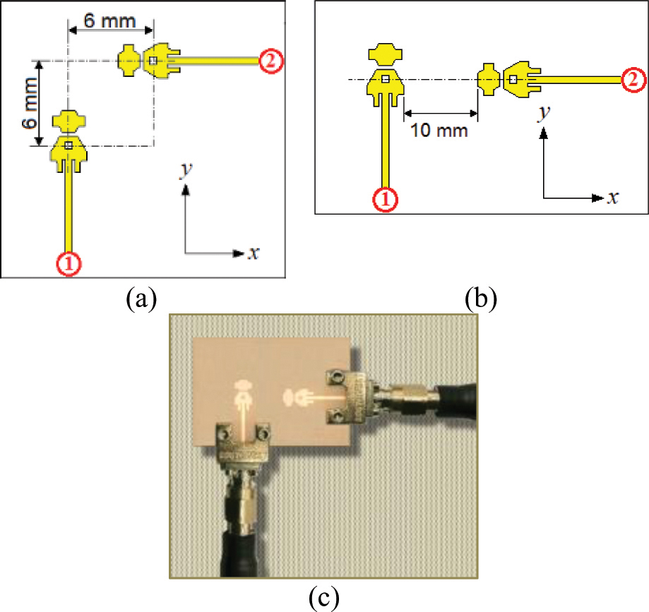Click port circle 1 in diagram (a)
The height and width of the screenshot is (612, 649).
(x=69, y=263)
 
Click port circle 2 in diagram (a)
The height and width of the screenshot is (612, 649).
(x=270, y=61)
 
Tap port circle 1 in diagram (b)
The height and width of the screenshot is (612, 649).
(x=385, y=200)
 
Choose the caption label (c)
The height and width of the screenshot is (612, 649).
(x=324, y=599)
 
